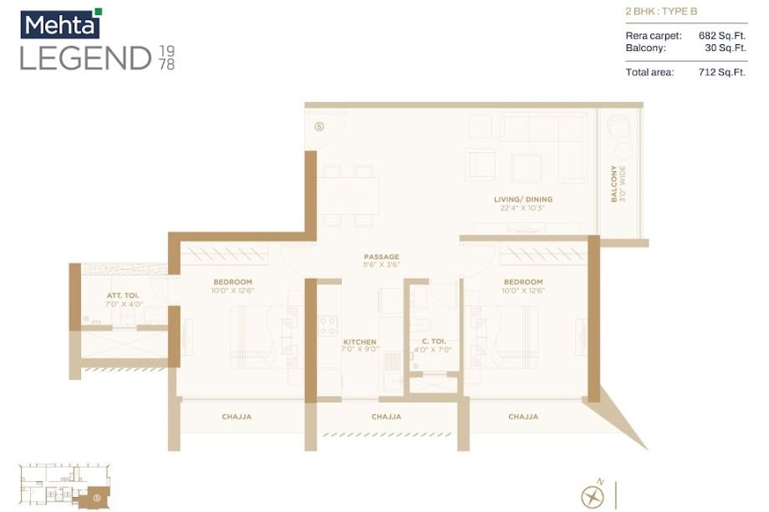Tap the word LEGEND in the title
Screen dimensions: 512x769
85,58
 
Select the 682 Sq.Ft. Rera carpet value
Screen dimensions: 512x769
721,36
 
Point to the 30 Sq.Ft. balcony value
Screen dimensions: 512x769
725,48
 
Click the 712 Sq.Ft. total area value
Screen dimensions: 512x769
721,73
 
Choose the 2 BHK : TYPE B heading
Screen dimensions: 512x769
660,12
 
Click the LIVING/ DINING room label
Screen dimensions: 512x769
522,200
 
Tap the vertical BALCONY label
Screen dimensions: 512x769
614,184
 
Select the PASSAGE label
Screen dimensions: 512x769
381,256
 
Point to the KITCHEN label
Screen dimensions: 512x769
359,342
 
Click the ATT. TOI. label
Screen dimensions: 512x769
121,296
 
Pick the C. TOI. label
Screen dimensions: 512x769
432,342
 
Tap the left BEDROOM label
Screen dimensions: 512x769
232,282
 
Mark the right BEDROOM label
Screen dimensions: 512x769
523,282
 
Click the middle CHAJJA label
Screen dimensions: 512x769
386,416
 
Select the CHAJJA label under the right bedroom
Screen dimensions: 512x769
522,416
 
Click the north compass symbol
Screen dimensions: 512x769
593,494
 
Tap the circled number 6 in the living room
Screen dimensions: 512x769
319,127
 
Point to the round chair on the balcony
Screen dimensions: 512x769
619,127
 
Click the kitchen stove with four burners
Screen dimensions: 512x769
328,324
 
